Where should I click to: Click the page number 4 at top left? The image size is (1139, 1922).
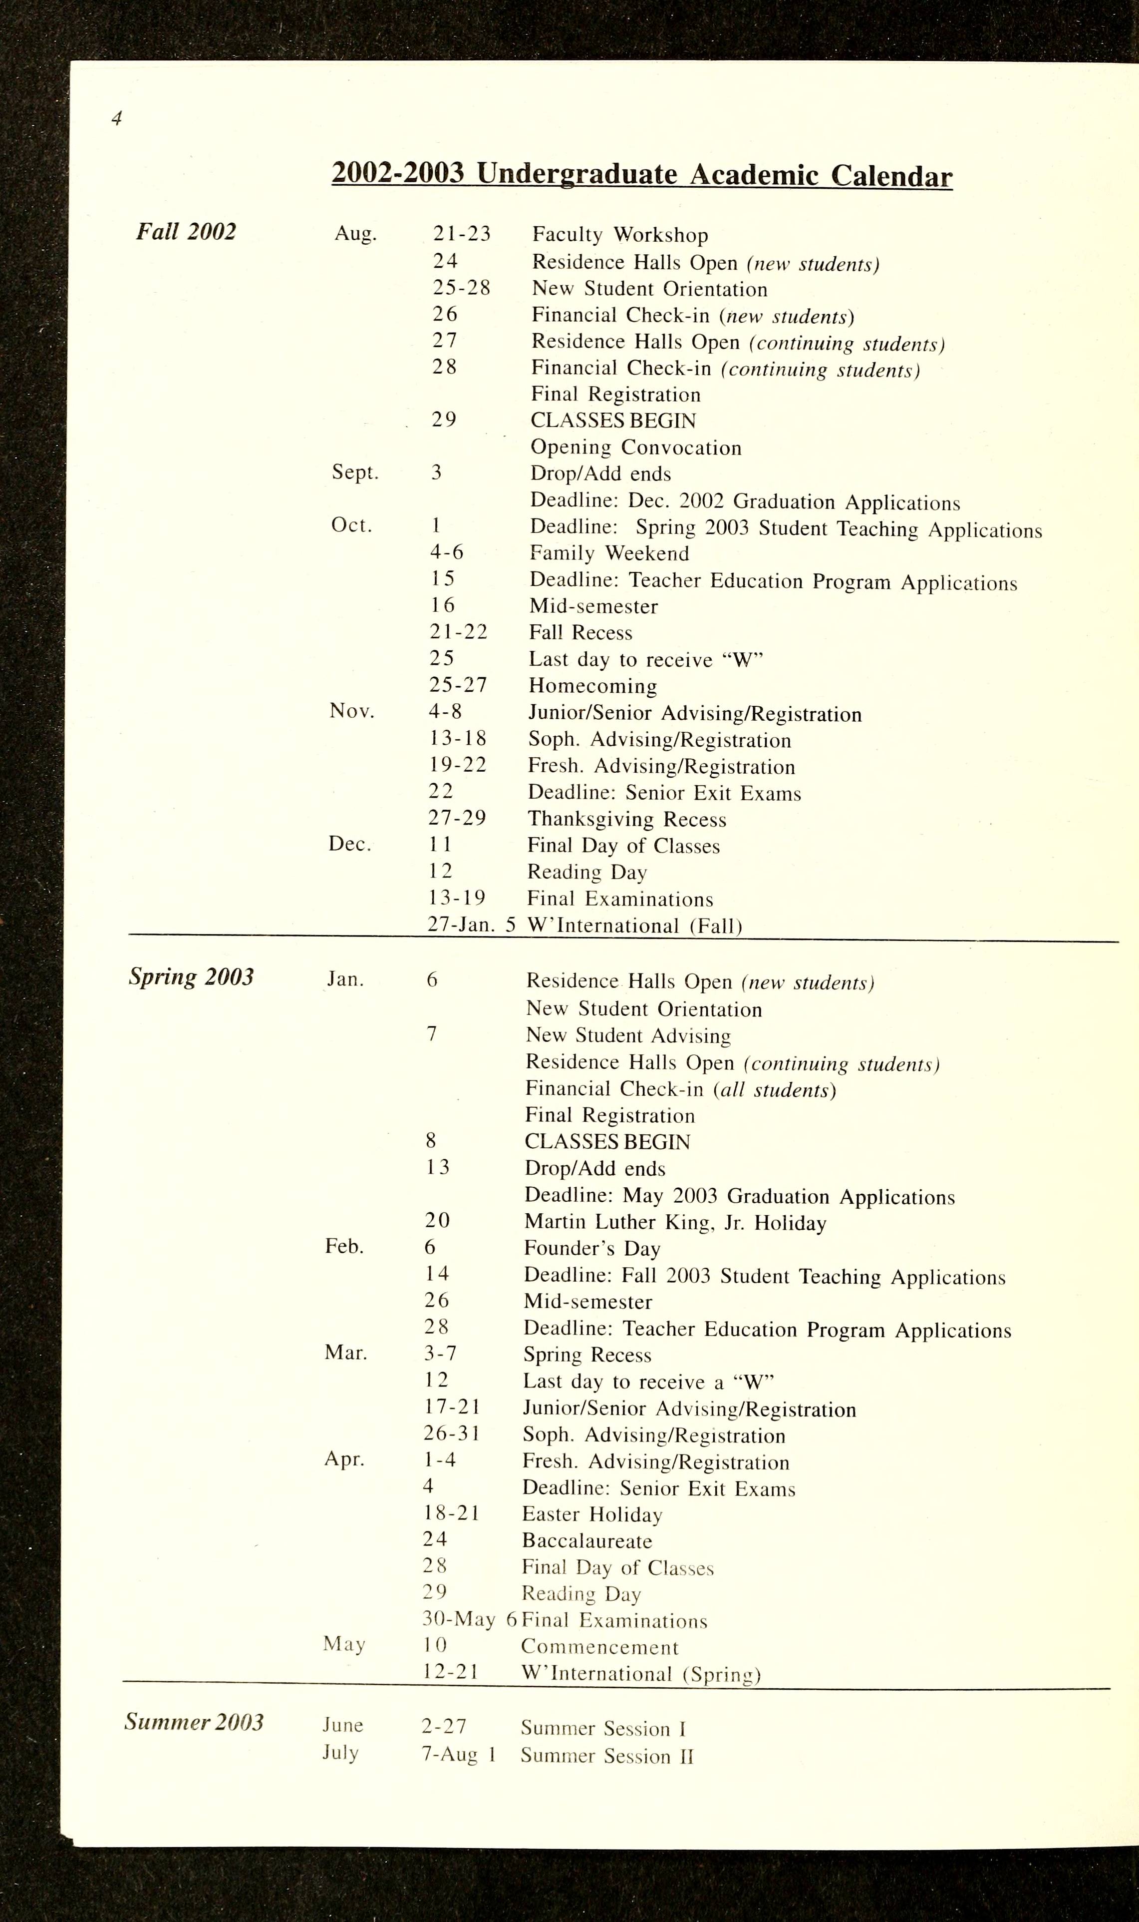point(117,118)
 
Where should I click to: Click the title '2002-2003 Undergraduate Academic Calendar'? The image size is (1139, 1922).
point(642,175)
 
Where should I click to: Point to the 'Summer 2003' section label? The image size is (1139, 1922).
point(194,1722)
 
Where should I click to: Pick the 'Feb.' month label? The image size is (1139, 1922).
point(344,1246)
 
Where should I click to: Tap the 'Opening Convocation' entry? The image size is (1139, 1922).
point(635,448)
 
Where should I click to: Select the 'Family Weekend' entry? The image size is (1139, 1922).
point(609,553)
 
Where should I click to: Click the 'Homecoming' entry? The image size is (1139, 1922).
point(592,686)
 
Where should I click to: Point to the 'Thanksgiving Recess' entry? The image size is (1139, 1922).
point(626,819)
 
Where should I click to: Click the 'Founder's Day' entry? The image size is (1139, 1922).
point(592,1249)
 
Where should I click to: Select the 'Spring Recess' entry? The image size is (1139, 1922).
point(587,1355)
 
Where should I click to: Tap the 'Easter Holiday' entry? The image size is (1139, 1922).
point(592,1514)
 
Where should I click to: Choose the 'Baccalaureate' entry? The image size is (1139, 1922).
point(586,1540)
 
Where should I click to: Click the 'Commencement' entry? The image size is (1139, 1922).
point(599,1647)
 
